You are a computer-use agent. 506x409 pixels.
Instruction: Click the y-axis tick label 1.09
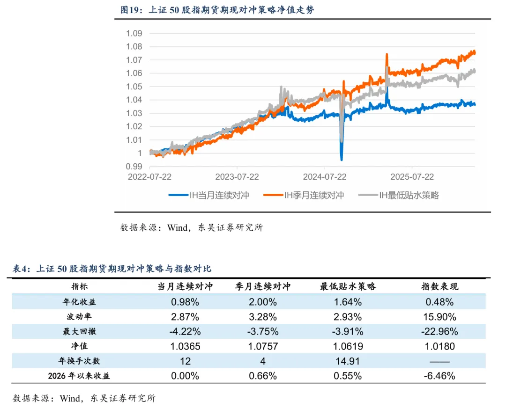pos(134,33)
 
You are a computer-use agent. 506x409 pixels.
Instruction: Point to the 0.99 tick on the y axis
pos(134,167)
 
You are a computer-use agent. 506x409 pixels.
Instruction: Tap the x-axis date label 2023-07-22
pos(237,177)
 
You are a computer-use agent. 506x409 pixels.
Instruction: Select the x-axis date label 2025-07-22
pos(412,177)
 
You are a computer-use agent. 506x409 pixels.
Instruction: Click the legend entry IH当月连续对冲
pos(209,195)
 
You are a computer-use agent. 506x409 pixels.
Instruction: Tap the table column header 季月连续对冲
pos(263,286)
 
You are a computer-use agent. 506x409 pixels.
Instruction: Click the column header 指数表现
pos(439,286)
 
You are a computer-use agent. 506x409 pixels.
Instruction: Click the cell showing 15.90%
pos(439,317)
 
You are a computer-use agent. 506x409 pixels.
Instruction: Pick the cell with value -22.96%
pos(439,332)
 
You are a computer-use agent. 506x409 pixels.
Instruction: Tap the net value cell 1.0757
pos(263,347)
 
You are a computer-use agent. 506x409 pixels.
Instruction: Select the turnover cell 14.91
pos(348,361)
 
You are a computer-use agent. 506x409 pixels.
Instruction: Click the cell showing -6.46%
pos(439,376)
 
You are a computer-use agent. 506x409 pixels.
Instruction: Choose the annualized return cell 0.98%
pos(185,302)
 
